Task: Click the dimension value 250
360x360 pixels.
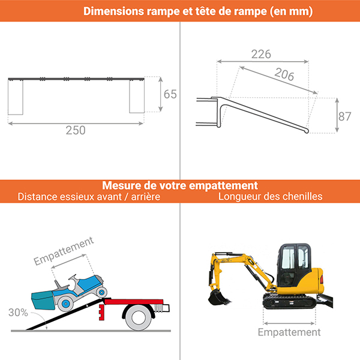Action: pos(76,130)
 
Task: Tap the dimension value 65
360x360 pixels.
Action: pos(170,94)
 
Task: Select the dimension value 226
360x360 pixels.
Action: pos(260,54)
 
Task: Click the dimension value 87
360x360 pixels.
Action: pos(344,116)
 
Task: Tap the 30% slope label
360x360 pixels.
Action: pos(19,312)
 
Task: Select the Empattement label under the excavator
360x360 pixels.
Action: pos(289,332)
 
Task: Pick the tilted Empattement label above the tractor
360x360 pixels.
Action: pos(64,251)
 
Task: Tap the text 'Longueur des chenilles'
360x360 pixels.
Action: pos(271,196)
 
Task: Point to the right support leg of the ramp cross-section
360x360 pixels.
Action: pos(137,96)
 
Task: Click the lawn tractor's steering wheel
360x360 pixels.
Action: pos(71,278)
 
